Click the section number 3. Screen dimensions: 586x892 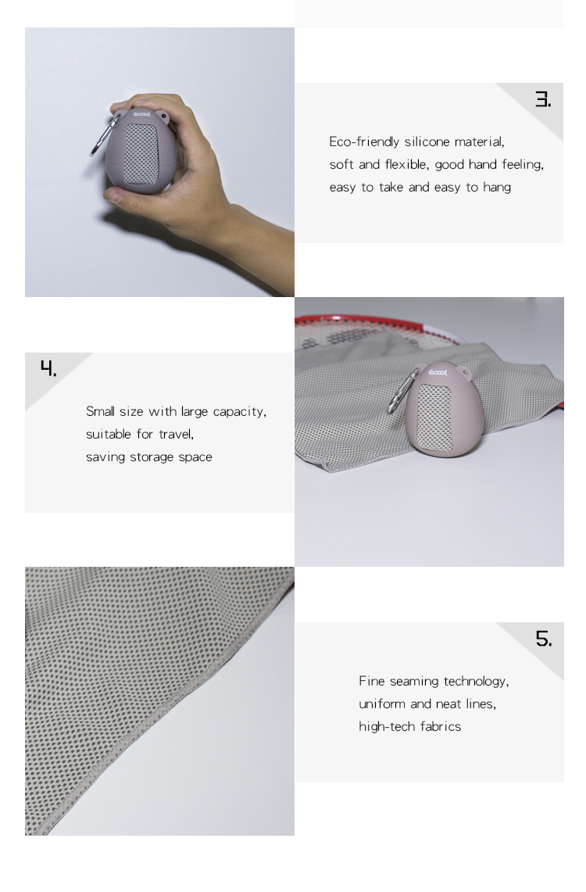(543, 99)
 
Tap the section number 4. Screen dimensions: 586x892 (48, 368)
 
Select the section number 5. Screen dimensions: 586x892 (543, 639)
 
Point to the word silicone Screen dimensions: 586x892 (427, 142)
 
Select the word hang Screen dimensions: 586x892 (497, 188)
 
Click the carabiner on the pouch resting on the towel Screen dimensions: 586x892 (402, 392)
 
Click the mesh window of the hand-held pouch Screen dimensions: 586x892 (141, 154)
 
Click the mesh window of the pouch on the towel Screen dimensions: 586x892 (434, 418)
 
